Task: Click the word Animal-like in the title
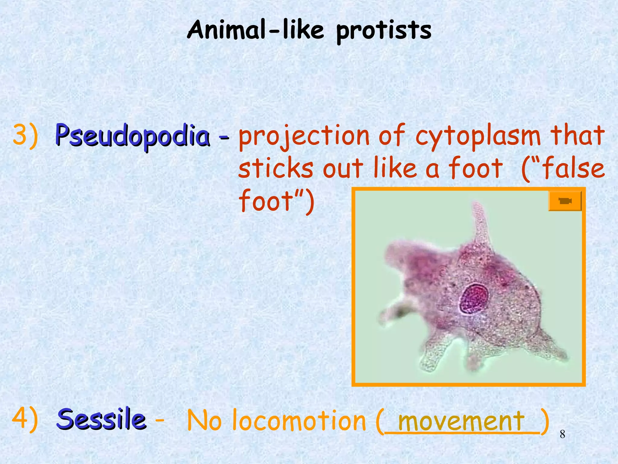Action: pyautogui.click(x=255, y=30)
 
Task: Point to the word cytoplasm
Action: pyautogui.click(x=478, y=137)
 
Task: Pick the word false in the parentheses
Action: pyautogui.click(x=573, y=169)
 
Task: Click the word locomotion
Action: pyautogui.click(x=299, y=421)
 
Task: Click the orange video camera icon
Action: pyautogui.click(x=565, y=201)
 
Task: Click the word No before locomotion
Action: pyautogui.click(x=204, y=421)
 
